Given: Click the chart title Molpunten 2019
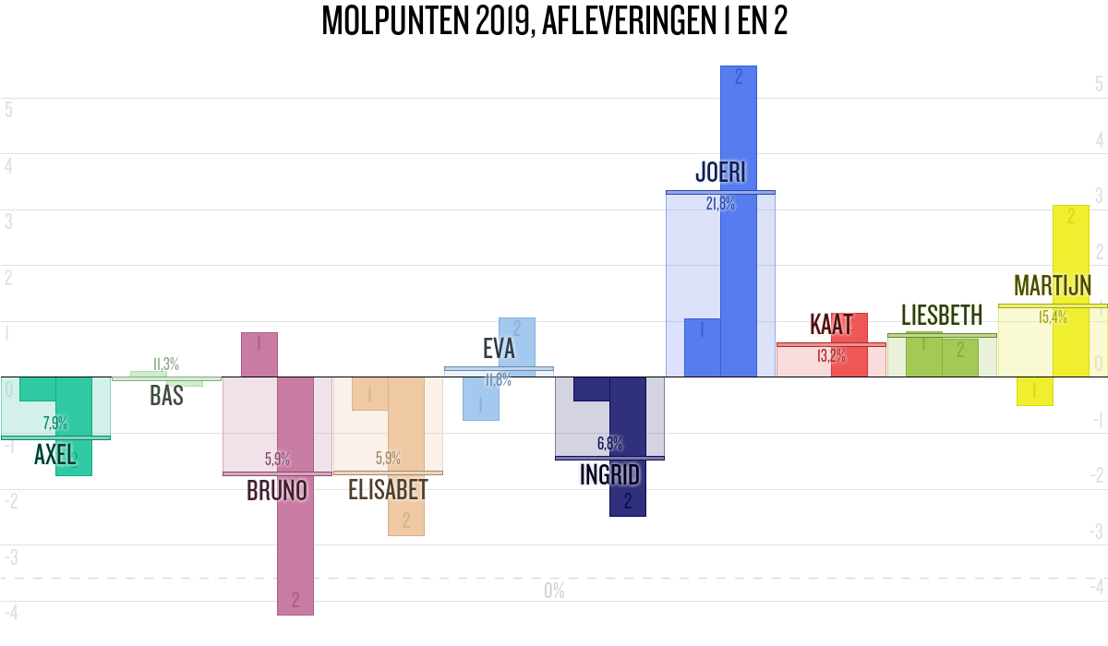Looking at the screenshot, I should pos(554,20).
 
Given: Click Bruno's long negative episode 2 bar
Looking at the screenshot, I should pos(295,517).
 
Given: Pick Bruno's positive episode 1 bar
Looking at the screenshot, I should pos(259,354).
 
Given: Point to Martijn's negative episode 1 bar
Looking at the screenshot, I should pos(1034,391).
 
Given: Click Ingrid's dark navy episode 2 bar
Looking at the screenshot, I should pos(628,480).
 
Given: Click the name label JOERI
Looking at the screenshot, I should pos(720,173).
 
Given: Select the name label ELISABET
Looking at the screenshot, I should pos(388,490).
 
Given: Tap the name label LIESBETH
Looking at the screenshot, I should pos(942,317).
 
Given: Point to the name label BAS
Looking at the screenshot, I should pos(166,396).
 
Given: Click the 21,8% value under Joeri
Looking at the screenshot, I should pos(720,205).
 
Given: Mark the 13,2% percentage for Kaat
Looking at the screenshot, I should pos(831,355).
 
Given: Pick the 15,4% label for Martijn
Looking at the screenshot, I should pos(1053,317).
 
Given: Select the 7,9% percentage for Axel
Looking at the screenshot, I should pos(55,424).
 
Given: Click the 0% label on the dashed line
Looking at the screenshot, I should pos(554,591).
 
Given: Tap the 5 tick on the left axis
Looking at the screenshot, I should pos(8,109).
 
